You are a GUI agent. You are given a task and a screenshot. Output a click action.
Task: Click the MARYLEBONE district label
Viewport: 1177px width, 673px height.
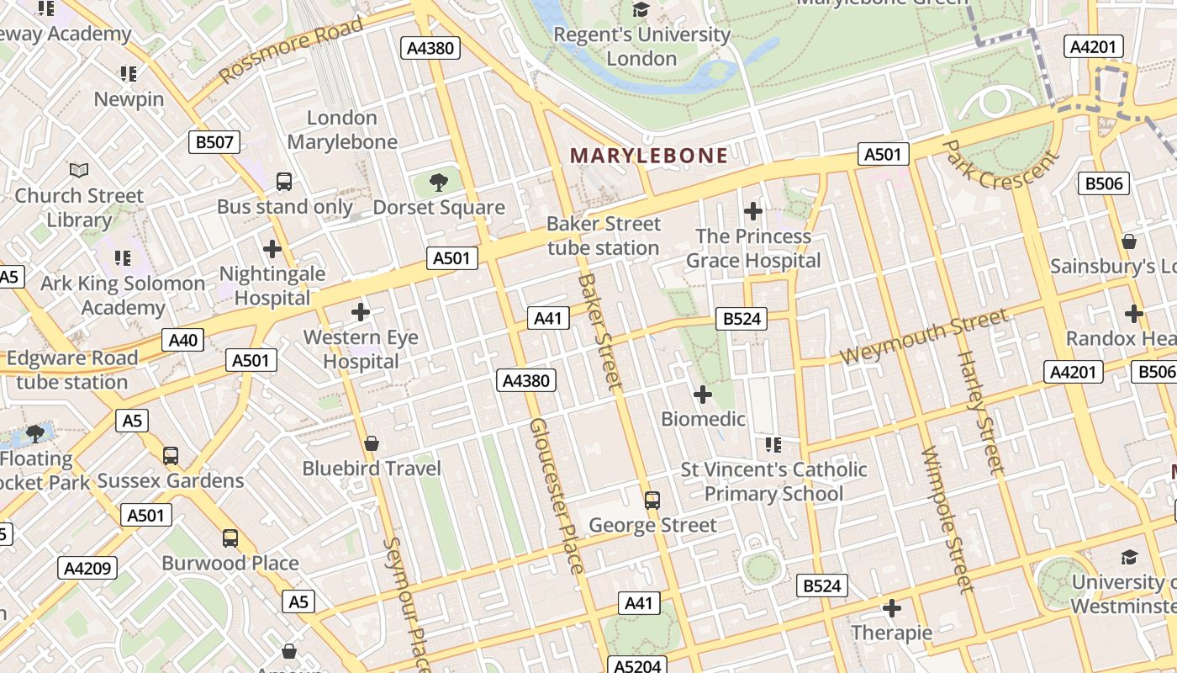649,156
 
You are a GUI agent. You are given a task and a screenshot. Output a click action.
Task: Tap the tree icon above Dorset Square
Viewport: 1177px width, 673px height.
438,182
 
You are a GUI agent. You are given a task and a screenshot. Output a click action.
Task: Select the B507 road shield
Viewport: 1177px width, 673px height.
214,142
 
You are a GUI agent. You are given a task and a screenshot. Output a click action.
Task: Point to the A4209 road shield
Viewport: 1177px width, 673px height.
88,569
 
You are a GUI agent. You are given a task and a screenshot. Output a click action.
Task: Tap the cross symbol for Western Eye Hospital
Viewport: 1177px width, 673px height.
361,312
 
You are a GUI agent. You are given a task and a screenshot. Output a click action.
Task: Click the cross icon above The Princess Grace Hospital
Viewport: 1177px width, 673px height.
753,210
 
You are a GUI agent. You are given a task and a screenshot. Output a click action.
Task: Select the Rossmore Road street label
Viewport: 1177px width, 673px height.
291,50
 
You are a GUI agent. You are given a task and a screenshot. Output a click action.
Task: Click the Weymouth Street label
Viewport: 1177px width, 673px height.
923,336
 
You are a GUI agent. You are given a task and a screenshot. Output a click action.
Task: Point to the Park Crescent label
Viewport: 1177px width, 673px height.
998,164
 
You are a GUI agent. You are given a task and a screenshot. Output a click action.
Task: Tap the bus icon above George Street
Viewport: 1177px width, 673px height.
652,501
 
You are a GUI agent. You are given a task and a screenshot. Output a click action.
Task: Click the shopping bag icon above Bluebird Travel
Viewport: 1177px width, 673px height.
372,442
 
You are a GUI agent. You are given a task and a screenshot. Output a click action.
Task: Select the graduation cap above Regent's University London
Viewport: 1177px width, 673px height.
641,10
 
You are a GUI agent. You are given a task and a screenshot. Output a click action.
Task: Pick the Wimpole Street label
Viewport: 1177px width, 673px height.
947,519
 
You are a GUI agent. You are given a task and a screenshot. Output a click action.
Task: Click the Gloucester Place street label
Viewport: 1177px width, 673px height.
556,496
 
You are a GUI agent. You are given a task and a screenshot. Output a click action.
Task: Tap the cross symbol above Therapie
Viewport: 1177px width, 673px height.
892,607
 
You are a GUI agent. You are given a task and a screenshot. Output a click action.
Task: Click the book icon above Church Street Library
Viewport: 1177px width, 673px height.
79,171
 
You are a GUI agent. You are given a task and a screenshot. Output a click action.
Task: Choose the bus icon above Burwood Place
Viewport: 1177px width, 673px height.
230,538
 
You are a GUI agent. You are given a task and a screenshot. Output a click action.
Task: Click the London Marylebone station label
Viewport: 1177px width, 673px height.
342,130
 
